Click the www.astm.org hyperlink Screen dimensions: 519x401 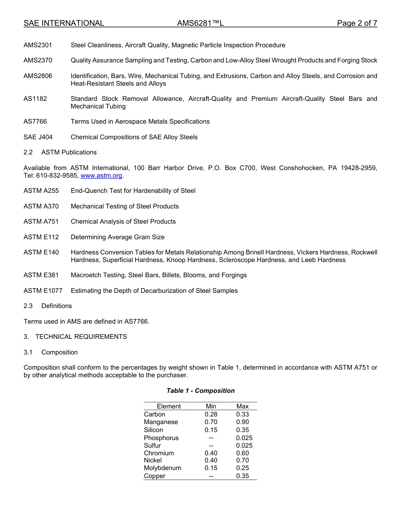[101, 176]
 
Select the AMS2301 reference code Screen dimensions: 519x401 [38, 45]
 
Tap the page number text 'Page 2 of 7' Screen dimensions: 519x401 [357, 23]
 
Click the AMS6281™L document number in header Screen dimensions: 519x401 [200, 23]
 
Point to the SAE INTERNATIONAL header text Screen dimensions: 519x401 [64, 23]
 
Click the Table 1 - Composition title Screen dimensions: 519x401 [200, 391]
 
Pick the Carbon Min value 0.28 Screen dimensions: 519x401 [211, 414]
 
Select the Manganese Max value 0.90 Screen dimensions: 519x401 [242, 422]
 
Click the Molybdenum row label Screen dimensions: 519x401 [163, 468]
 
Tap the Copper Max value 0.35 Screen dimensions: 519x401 [242, 476]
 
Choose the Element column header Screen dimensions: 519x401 [169, 406]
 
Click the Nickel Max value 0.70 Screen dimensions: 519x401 [242, 460]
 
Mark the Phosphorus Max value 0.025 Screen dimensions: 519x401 [244, 438]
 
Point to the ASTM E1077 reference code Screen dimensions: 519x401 [43, 291]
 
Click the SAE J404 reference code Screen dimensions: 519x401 [38, 137]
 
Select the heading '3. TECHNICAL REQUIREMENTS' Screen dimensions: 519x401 [75, 337]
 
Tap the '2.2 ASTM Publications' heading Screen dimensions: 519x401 [60, 152]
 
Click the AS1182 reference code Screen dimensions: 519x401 [35, 99]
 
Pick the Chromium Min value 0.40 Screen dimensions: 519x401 [211, 453]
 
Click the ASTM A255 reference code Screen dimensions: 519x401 [41, 191]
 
